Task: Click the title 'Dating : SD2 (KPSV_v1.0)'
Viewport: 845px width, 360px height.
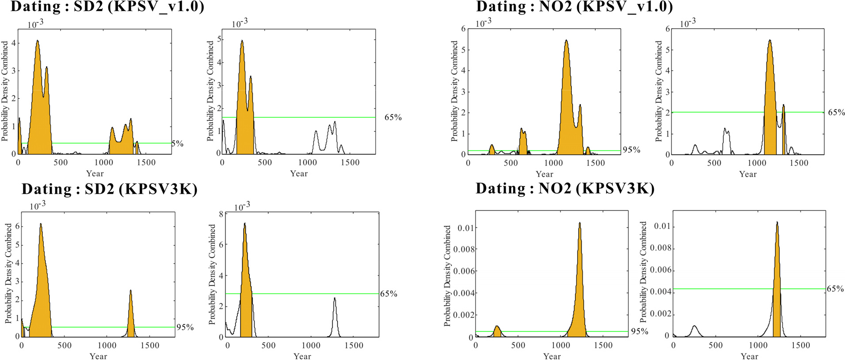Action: pyautogui.click(x=107, y=7)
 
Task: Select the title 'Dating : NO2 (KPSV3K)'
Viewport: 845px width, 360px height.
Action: pyautogui.click(x=565, y=188)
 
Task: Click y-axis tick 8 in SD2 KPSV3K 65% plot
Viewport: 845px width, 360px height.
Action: pyautogui.click(x=221, y=214)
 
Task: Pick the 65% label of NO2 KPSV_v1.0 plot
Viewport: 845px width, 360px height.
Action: pyautogui.click(x=836, y=112)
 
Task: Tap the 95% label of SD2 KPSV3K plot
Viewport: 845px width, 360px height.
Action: pyautogui.click(x=185, y=327)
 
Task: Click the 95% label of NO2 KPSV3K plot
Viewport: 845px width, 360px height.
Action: pyautogui.click(x=639, y=331)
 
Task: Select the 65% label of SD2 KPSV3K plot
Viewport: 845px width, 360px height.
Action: pyautogui.click(x=388, y=294)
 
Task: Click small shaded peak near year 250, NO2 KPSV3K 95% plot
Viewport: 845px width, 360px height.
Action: pyautogui.click(x=497, y=332)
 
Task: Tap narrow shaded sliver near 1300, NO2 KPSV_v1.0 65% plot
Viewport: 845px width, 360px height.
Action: pyautogui.click(x=784, y=132)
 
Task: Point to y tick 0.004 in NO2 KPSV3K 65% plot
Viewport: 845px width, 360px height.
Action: pyautogui.click(x=661, y=292)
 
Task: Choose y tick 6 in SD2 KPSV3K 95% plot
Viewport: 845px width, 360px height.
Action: pyautogui.click(x=18, y=226)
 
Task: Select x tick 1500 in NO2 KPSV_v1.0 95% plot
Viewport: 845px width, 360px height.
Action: pyautogui.click(x=595, y=163)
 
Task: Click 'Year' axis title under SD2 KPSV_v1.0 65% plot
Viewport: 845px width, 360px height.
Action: pyautogui.click(x=299, y=173)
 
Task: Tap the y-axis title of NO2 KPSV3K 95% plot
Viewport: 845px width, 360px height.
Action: pyautogui.click(x=447, y=276)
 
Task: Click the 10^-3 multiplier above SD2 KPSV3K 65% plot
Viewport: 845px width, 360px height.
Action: pyautogui.click(x=242, y=206)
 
